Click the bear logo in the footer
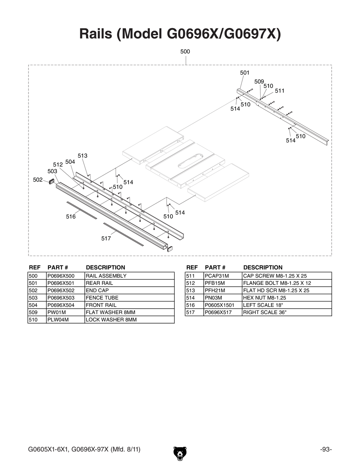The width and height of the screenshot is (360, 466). coord(180,453)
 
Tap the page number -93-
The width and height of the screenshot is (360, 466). coord(325,449)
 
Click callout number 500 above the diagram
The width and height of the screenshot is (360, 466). coord(185,51)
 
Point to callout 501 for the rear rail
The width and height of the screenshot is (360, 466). coord(245,73)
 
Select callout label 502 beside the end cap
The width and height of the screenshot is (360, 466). coord(38,180)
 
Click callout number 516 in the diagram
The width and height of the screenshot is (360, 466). coord(71,216)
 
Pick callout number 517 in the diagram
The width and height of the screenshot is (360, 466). coord(106,238)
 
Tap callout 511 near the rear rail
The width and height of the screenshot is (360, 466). coord(280,91)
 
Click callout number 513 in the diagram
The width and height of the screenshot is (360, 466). coord(82,156)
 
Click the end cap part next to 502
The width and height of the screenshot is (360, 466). coord(51,182)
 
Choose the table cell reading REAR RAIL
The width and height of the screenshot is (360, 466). coord(99,283)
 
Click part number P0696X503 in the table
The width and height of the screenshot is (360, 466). coord(61,298)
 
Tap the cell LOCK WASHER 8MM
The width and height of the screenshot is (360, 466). coord(111,320)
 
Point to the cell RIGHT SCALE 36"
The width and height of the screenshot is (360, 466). coord(265,312)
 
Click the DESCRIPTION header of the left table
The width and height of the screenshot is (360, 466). coord(105,268)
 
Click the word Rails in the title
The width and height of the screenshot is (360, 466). coord(95,34)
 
